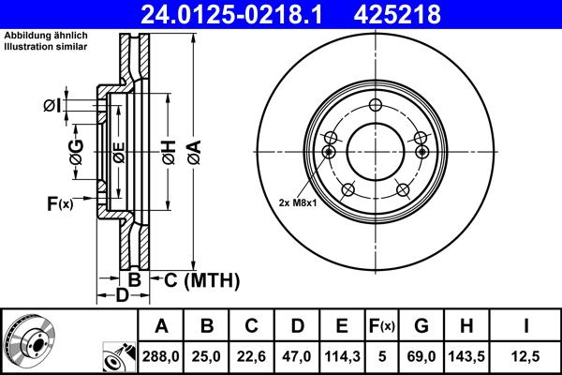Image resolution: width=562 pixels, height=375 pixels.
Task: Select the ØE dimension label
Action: coord(118,150)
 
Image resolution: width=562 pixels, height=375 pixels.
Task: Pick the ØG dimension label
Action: coord(77,149)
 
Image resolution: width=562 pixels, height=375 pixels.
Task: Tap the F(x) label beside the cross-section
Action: coord(59,202)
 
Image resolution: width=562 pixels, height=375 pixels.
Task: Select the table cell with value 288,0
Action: coord(162,354)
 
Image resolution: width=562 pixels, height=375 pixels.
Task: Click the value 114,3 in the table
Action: coord(342,354)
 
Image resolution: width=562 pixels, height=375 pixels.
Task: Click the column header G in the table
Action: coord(421,326)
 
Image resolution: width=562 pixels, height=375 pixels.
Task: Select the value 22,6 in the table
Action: coord(252,354)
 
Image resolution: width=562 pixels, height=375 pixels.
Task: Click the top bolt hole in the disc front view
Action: coord(376,105)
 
